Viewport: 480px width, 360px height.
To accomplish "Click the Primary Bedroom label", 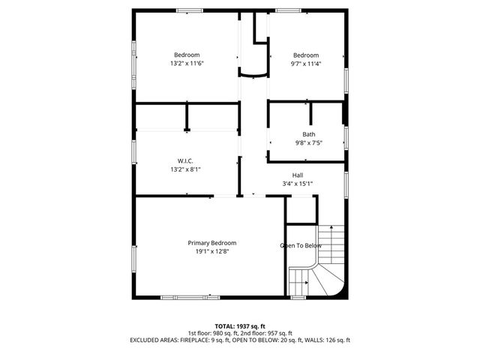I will point(212,243).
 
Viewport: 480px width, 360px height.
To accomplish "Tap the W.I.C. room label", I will point(186,161).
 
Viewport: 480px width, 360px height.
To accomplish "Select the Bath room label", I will point(309,134).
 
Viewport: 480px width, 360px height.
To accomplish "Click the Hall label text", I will point(298,175).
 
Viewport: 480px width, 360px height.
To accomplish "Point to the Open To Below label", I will point(301,246).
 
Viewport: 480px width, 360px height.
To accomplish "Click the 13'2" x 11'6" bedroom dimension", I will point(187,64).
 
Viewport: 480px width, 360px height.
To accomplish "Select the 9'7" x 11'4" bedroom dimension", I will point(305,64).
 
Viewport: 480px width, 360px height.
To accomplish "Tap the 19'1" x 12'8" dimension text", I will point(212,252).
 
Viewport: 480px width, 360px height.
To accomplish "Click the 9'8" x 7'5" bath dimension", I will point(308,143).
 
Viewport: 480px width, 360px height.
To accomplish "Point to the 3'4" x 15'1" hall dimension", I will point(298,184).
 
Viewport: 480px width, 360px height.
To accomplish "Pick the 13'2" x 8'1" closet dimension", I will point(186,170).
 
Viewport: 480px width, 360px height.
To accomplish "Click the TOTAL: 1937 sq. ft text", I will point(239,326).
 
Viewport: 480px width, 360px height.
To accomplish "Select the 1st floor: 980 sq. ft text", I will point(214,333).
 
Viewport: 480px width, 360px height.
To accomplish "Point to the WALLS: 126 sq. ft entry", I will point(327,340).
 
